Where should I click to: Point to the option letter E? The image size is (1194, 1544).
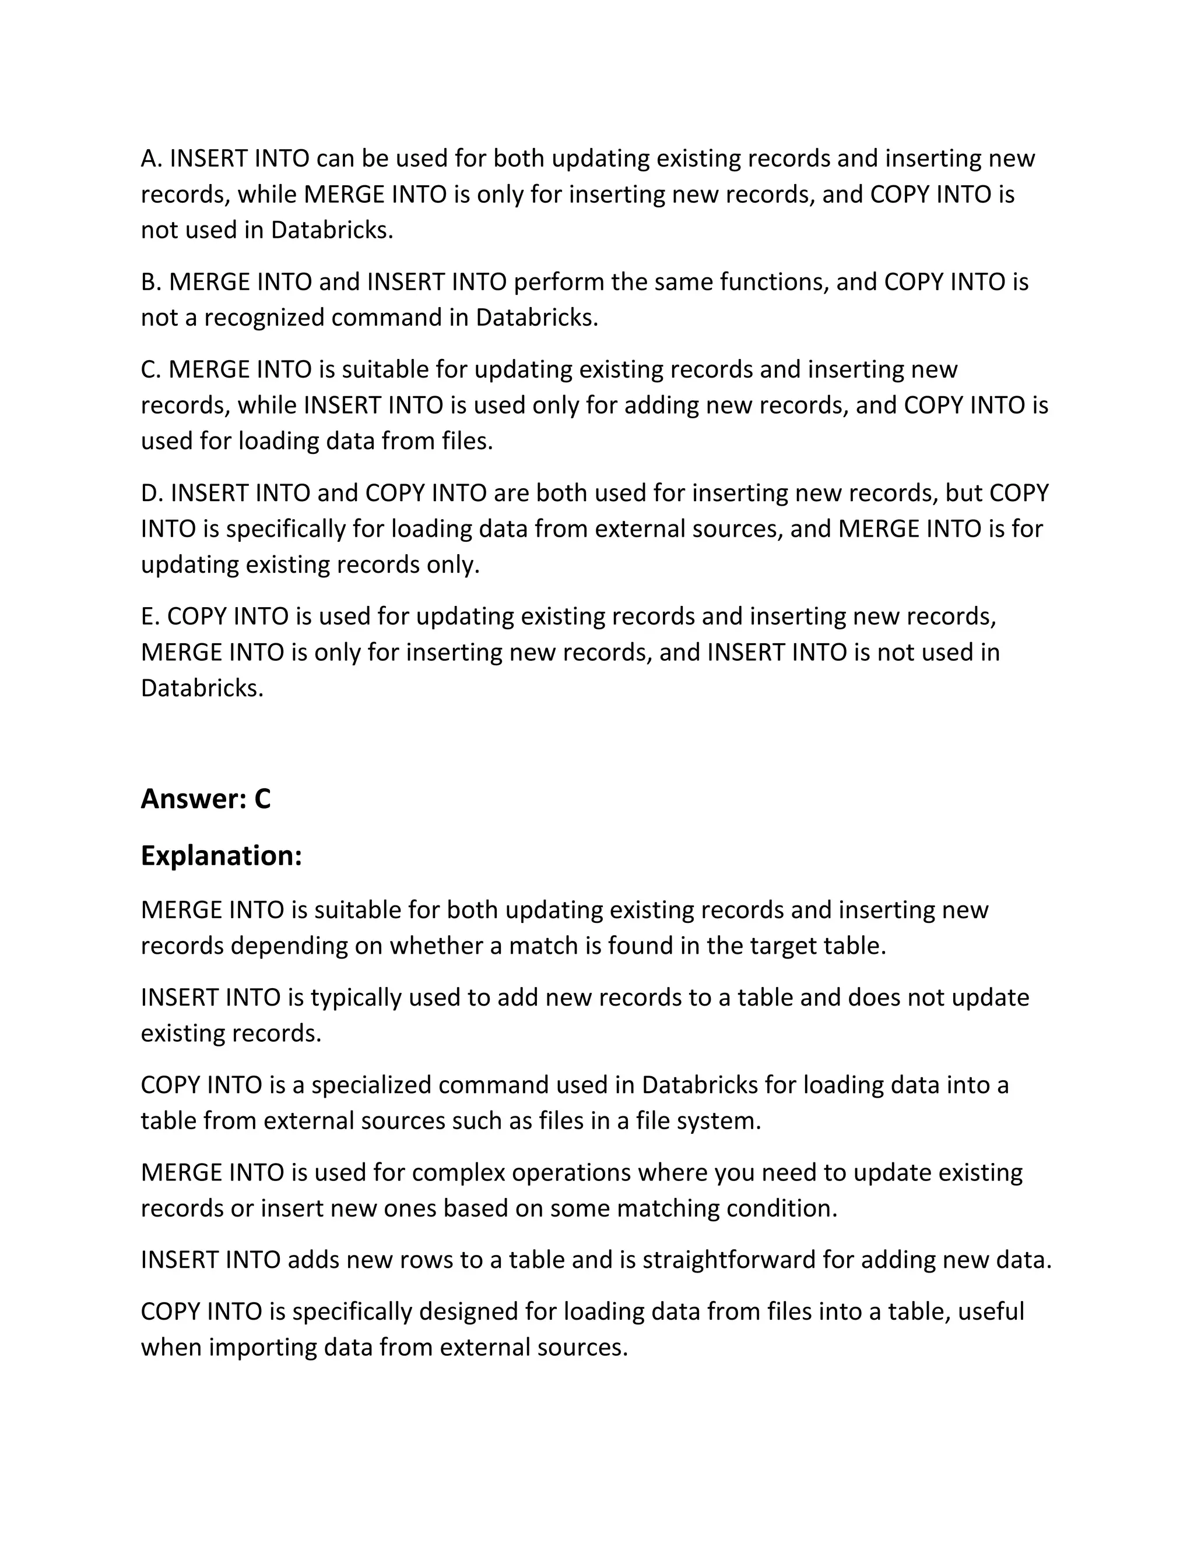point(149,616)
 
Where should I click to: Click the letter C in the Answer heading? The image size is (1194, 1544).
point(262,799)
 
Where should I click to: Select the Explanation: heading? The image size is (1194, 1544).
point(222,855)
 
